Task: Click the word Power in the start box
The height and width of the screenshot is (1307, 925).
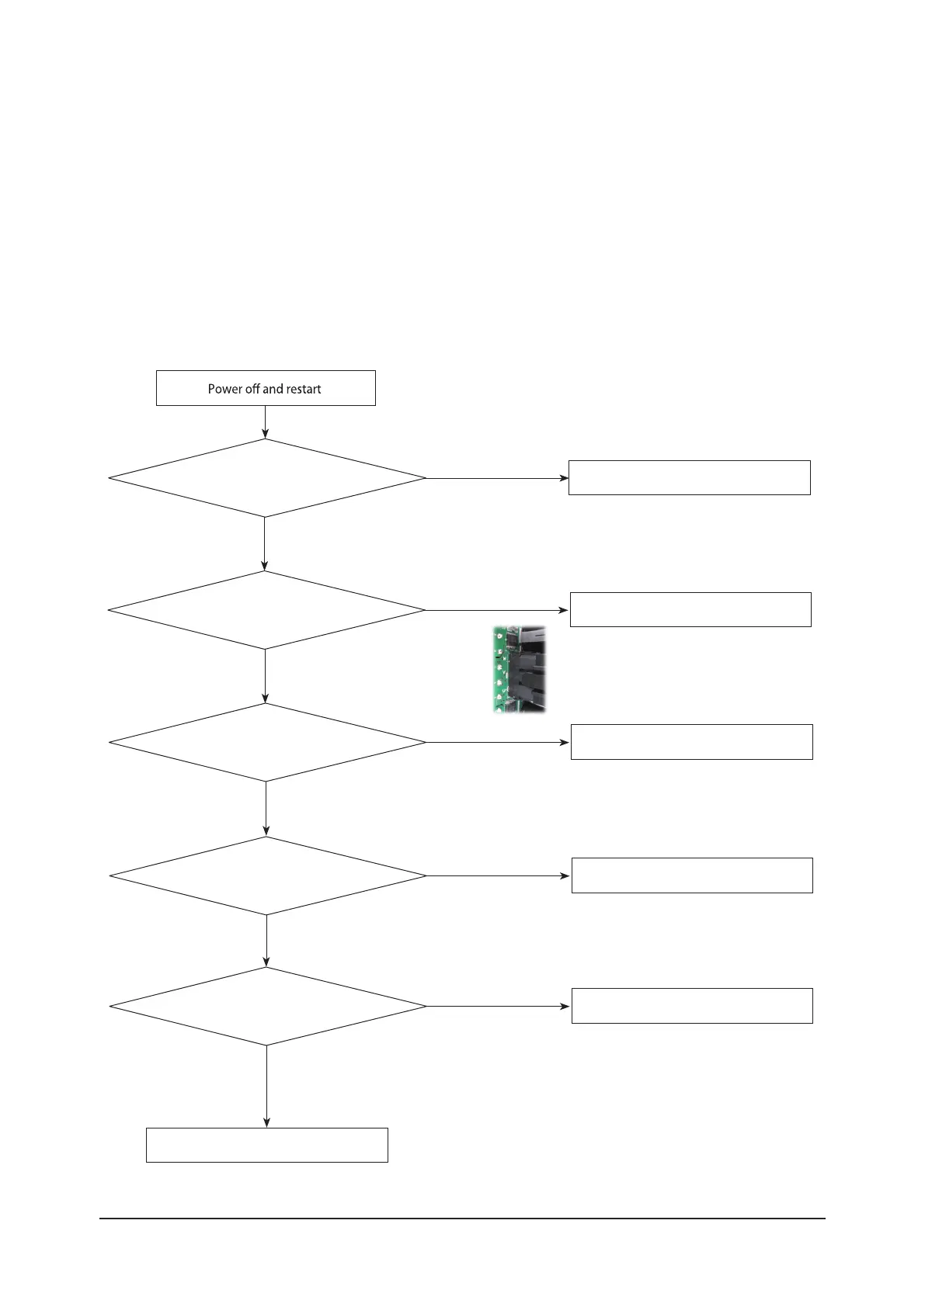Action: [x=225, y=389]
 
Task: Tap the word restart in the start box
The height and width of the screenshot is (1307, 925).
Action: [x=301, y=389]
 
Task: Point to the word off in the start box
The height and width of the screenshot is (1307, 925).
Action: [x=252, y=389]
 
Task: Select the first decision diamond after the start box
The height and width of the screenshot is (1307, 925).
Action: [x=266, y=478]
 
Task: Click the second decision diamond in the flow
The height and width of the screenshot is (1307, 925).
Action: [x=266, y=610]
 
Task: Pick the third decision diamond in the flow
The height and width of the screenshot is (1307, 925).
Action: [x=267, y=742]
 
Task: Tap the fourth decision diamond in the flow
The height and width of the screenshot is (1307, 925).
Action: [x=268, y=875]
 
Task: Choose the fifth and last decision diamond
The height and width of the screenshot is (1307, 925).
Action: [x=268, y=1006]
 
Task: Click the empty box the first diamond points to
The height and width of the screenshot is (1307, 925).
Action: [x=689, y=477]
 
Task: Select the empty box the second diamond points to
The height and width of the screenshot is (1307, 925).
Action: [x=690, y=609]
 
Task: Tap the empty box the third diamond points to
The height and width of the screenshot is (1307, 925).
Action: [x=691, y=741]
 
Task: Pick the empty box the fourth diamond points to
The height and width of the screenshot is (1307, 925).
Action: [x=692, y=875]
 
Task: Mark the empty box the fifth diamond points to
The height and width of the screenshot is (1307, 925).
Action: [x=692, y=1005]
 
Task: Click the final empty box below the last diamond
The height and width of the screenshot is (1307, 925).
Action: [x=266, y=1145]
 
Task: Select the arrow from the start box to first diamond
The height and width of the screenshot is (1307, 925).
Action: [x=265, y=422]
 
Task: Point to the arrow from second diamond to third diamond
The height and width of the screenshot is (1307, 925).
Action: [x=266, y=675]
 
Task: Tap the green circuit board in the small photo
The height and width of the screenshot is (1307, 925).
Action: [x=499, y=670]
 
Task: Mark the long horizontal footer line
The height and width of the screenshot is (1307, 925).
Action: [x=462, y=1219]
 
